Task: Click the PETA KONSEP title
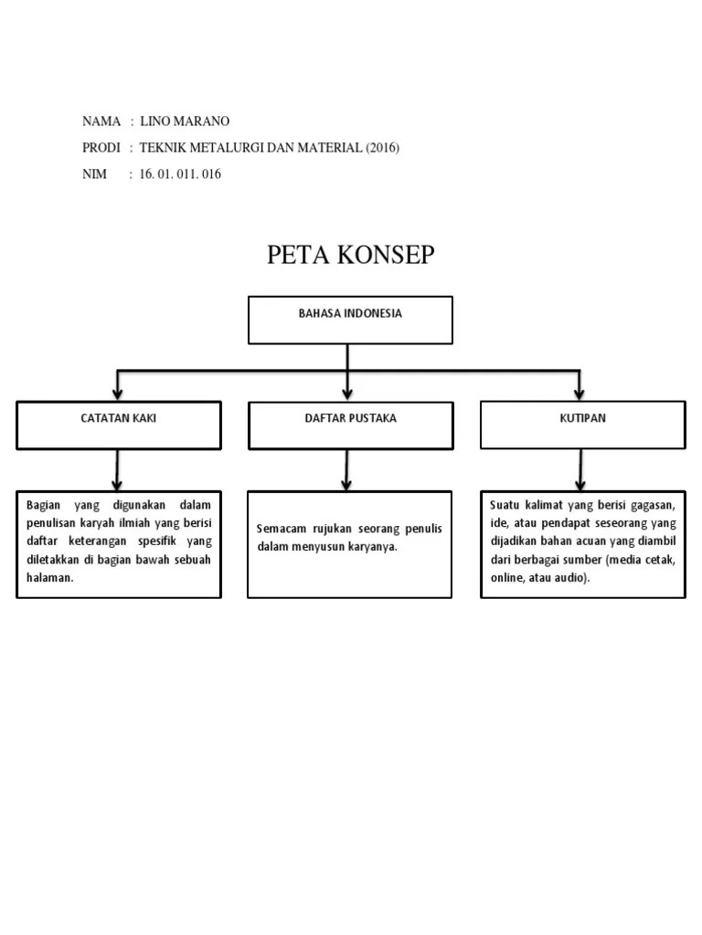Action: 350,256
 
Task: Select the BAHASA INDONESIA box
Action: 350,320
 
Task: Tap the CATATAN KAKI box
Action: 119,425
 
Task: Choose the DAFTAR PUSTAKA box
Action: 350,425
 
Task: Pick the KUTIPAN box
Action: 582,425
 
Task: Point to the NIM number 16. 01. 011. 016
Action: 180,174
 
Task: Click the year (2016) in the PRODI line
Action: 383,148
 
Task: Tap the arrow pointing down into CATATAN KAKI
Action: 117,385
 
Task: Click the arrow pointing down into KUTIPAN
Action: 580,385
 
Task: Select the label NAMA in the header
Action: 101,121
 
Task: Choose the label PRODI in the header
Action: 101,148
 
